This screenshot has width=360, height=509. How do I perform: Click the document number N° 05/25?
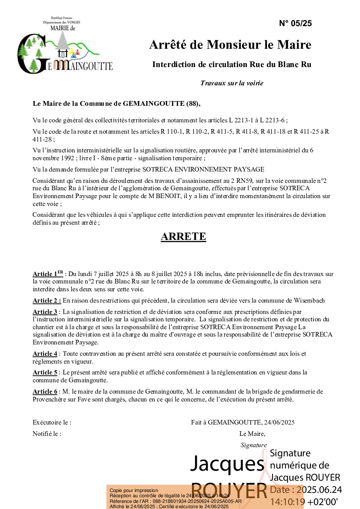point(295,24)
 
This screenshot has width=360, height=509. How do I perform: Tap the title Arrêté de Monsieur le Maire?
point(230,44)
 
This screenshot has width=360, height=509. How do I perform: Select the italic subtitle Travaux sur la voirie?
point(232,83)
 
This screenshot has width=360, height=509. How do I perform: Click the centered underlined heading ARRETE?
point(183,236)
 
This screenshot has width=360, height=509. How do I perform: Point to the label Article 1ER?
point(48,274)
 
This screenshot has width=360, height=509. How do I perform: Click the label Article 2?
point(47,301)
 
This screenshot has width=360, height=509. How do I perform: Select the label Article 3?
point(45,312)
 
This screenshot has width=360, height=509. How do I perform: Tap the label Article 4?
point(45,354)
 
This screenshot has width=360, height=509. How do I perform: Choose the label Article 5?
point(45,372)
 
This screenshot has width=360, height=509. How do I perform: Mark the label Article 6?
point(45,391)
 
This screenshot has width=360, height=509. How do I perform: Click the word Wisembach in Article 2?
point(310,301)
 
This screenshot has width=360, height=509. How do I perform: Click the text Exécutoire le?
point(52,422)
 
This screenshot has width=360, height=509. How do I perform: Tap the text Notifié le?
point(47,434)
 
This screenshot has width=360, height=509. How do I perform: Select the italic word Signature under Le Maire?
point(253,445)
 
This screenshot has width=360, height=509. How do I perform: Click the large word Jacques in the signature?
point(225,464)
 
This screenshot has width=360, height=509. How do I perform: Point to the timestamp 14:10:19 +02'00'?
point(304,501)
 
